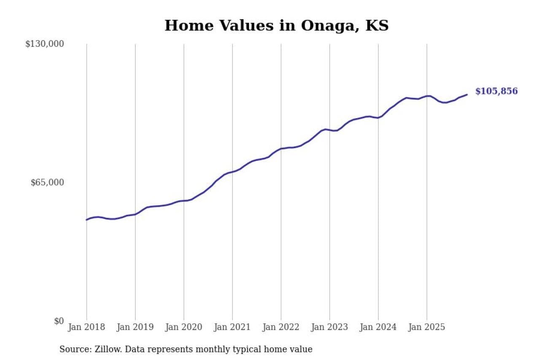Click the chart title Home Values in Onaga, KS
click(x=276, y=26)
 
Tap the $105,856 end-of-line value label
click(x=496, y=92)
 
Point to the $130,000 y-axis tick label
click(x=45, y=44)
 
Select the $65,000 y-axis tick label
click(x=47, y=182)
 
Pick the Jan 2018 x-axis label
click(x=86, y=327)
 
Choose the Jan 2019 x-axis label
click(x=135, y=327)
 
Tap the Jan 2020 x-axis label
click(x=184, y=327)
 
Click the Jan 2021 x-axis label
click(x=232, y=327)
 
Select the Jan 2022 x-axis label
click(x=281, y=327)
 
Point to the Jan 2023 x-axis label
click(x=329, y=327)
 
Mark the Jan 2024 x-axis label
click(x=378, y=327)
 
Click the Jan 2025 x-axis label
click(x=427, y=327)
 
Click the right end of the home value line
click(x=467, y=95)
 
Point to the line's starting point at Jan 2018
click(x=86, y=220)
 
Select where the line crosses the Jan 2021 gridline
click(x=232, y=171)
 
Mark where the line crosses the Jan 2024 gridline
click(x=378, y=118)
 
